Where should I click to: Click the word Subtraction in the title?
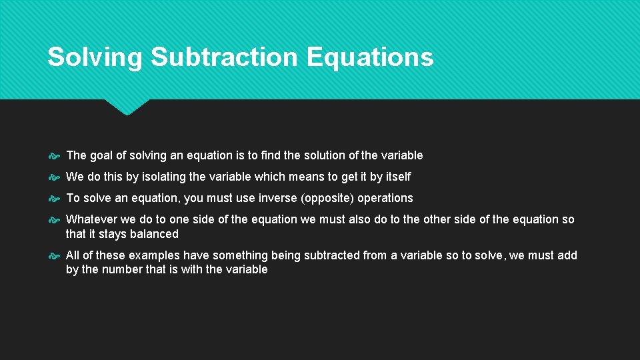click(225, 57)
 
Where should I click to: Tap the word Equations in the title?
click(370, 57)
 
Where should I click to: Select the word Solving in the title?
click(95, 57)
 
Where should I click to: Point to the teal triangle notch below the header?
click(127, 107)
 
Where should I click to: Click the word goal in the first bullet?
click(101, 155)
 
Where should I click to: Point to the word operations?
click(385, 198)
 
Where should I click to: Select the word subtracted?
click(331, 255)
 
